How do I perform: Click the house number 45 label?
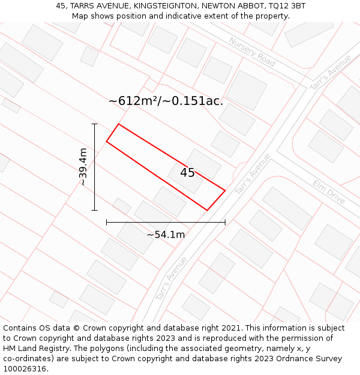pos(187,173)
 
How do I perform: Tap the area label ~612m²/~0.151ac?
pos(166,101)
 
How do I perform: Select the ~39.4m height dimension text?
pos(83,167)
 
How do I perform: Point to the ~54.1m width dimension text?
pos(166,235)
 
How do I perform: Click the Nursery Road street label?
pos(252,52)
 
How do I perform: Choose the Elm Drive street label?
pos(329,192)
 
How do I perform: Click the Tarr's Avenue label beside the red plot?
pos(253,173)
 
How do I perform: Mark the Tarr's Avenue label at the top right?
pos(331,73)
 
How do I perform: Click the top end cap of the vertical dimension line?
pos(94,124)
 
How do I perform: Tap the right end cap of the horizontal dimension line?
pos(225,222)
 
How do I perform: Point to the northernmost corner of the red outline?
pos(119,124)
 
